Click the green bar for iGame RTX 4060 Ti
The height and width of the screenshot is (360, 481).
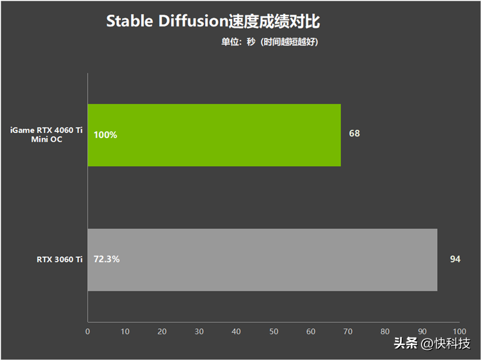(214, 135)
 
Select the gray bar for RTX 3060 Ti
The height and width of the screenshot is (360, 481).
(263, 260)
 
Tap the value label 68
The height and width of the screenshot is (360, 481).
(354, 133)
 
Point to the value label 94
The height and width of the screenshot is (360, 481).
(455, 259)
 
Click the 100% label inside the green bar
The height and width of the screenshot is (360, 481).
(105, 135)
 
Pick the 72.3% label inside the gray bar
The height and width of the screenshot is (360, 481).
(106, 259)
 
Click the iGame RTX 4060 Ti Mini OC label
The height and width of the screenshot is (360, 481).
(46, 135)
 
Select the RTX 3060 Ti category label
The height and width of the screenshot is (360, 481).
(60, 260)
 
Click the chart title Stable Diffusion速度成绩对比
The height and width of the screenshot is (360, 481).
(213, 21)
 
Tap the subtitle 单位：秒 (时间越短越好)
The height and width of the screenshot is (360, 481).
(269, 41)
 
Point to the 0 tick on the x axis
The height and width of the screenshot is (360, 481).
(88, 332)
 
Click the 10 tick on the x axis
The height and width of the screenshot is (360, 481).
(125, 332)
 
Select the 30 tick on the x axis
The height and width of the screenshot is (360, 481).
(199, 332)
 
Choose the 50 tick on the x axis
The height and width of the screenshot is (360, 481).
(274, 332)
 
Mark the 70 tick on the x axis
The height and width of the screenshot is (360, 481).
(348, 332)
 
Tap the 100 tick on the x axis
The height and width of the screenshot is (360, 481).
(459, 332)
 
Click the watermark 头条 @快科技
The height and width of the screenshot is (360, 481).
(432, 343)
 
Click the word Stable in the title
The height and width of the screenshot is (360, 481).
(129, 21)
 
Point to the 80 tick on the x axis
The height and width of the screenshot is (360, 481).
(385, 332)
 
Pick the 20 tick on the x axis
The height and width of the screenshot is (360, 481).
(162, 332)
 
